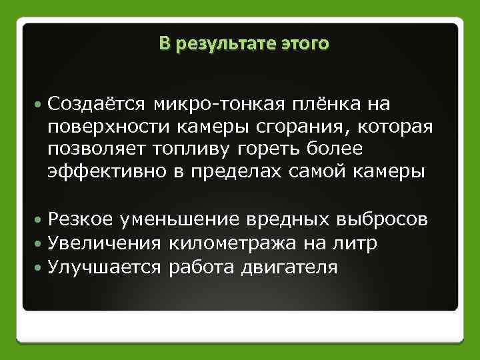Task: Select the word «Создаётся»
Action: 96,103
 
